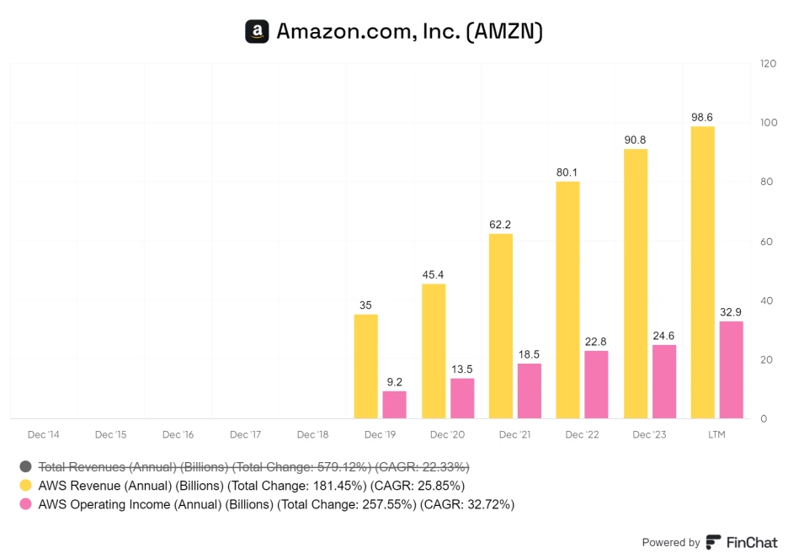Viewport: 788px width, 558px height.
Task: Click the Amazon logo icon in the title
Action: (x=257, y=32)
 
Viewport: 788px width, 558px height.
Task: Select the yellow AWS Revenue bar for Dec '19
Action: (x=365, y=366)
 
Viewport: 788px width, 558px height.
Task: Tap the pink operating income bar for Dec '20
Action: (x=462, y=398)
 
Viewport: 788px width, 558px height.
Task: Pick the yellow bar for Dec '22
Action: (x=567, y=300)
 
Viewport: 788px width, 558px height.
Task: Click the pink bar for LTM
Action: (x=732, y=369)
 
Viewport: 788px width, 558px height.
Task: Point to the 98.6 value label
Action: (x=702, y=117)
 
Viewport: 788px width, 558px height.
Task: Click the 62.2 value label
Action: (x=500, y=225)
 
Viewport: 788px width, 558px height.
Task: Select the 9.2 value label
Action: (x=394, y=381)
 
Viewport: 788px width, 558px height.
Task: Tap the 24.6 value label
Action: (x=664, y=336)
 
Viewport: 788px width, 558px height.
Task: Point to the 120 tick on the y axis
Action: (x=768, y=64)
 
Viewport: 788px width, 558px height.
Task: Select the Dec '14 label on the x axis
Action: (x=44, y=434)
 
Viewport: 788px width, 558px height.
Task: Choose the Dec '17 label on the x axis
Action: (x=245, y=434)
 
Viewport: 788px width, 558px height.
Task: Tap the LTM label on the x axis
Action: (x=716, y=434)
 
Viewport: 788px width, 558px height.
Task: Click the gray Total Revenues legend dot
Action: (x=26, y=466)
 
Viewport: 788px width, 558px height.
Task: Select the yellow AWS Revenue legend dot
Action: (x=26, y=486)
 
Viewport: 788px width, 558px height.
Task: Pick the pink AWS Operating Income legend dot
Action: (x=26, y=505)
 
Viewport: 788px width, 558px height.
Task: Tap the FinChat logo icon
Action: (x=713, y=542)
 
